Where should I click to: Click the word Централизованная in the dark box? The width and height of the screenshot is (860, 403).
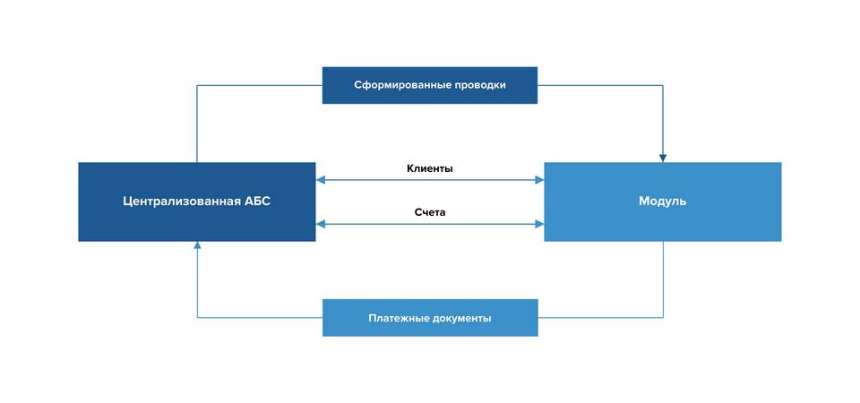180,201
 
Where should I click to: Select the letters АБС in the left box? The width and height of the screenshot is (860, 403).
257,201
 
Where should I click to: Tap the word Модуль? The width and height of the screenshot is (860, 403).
663,201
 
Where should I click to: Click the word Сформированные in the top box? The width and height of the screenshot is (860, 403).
402,86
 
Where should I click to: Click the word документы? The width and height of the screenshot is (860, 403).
459,318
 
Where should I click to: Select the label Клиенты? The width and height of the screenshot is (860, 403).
430,169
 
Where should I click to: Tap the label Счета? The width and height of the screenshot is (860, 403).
430,213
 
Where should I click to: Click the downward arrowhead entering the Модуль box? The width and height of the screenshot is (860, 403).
663,158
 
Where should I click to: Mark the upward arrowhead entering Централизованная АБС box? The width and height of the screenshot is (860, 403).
197,245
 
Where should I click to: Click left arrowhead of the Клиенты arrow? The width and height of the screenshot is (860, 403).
321,180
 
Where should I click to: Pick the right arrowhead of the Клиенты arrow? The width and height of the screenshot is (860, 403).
539,180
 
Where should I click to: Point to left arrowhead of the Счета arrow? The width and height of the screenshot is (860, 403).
321,224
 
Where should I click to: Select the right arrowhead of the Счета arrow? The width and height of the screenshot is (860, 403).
539,224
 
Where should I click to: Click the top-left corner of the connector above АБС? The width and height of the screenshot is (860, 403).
197,86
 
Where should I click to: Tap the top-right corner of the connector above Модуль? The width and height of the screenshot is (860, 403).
663,86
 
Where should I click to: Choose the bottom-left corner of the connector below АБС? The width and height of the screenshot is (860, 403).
197,317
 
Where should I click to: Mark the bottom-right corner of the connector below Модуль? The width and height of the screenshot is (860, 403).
663,317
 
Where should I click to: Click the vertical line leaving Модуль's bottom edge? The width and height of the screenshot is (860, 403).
663,279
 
